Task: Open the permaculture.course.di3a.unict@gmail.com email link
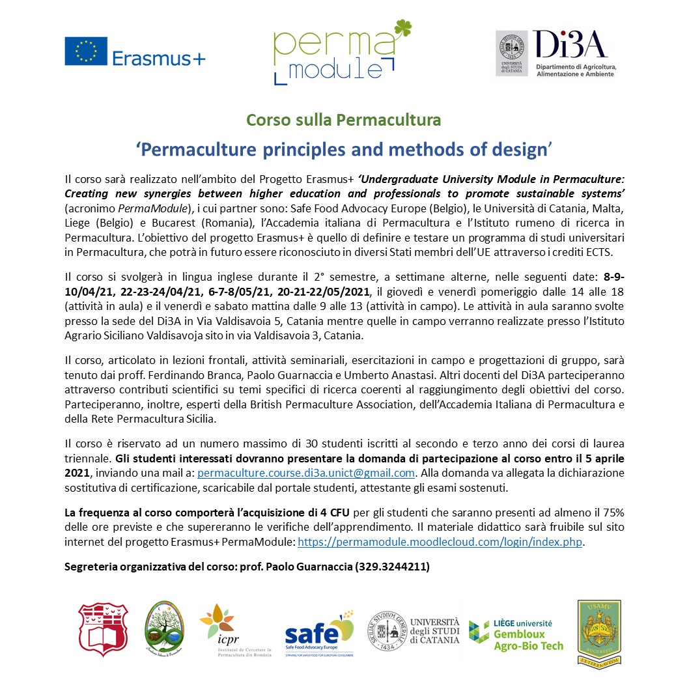[305, 473]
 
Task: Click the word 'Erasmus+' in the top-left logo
[159, 58]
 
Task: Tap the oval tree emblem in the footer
[163, 630]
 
